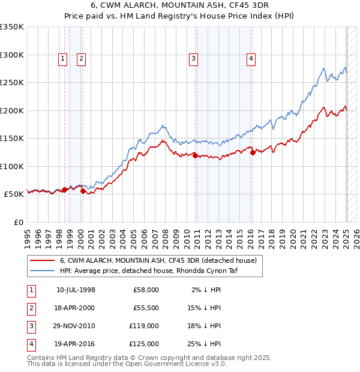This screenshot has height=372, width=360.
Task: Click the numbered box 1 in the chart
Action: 63,58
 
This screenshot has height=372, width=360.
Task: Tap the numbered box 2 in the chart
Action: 81,58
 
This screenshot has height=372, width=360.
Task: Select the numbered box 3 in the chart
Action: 194,58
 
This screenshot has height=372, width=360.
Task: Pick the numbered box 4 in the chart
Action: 251,58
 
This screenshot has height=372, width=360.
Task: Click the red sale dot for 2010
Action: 195,155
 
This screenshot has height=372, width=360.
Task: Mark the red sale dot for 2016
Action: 253,152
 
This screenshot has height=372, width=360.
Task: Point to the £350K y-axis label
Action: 12,27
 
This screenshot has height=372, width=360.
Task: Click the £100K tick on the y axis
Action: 12,166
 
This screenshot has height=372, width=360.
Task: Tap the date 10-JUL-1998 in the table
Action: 76,290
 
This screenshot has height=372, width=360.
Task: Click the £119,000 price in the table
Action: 143,326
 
